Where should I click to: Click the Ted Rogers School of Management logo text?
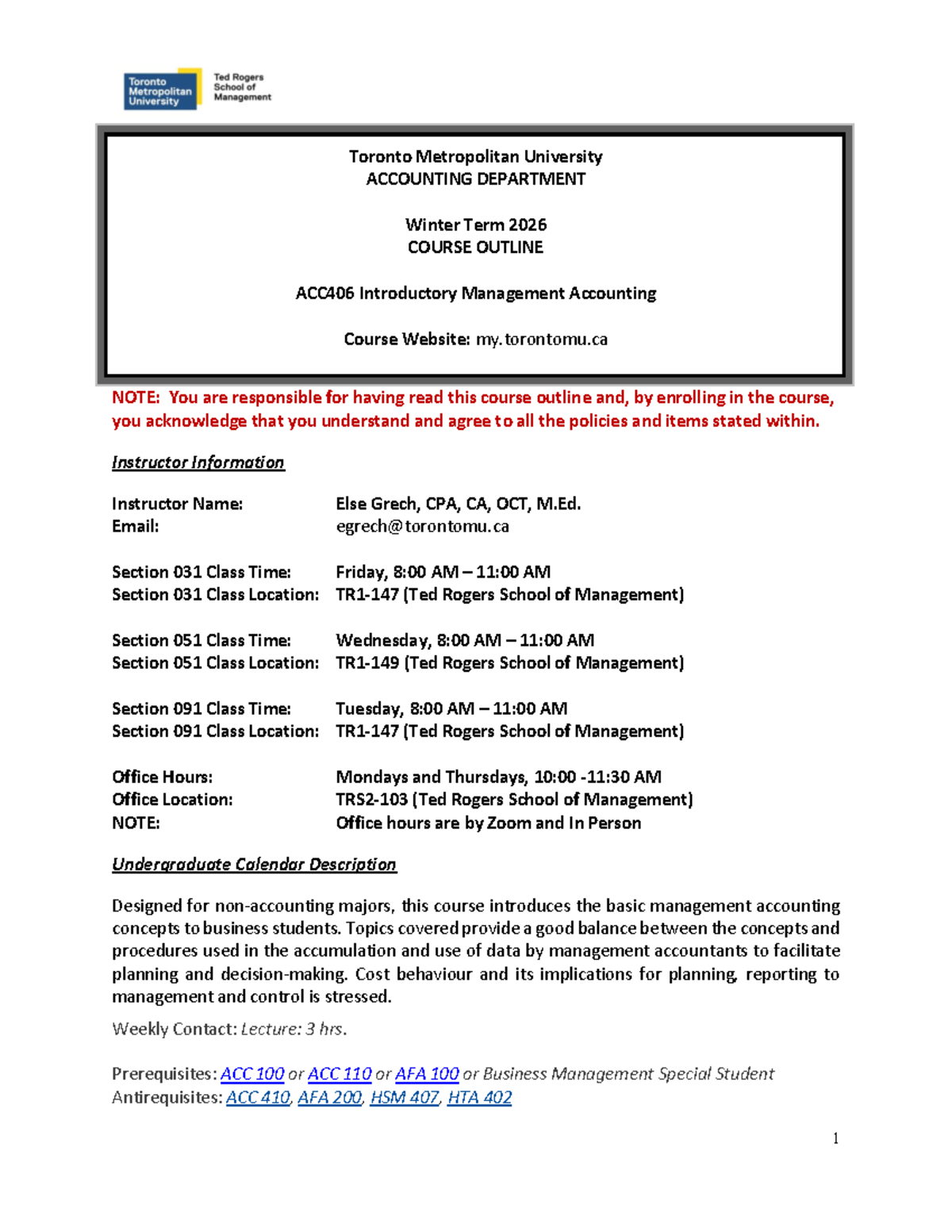241,87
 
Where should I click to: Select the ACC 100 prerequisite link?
252,1073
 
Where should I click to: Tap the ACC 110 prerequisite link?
340,1073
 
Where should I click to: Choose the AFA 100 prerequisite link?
427,1073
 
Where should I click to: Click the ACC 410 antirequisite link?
258,1097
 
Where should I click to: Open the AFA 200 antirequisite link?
329,1097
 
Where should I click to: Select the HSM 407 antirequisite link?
405,1097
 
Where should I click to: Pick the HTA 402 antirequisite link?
479,1097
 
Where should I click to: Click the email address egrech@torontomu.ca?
422,526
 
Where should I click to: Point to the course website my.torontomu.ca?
541,340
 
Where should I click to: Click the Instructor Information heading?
198,462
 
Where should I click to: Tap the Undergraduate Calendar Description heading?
254,865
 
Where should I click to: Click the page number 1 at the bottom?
835,1138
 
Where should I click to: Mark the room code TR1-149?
367,662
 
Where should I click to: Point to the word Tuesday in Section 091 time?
369,708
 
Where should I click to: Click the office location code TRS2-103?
371,800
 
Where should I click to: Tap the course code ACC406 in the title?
324,294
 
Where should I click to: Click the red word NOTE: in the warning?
136,397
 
